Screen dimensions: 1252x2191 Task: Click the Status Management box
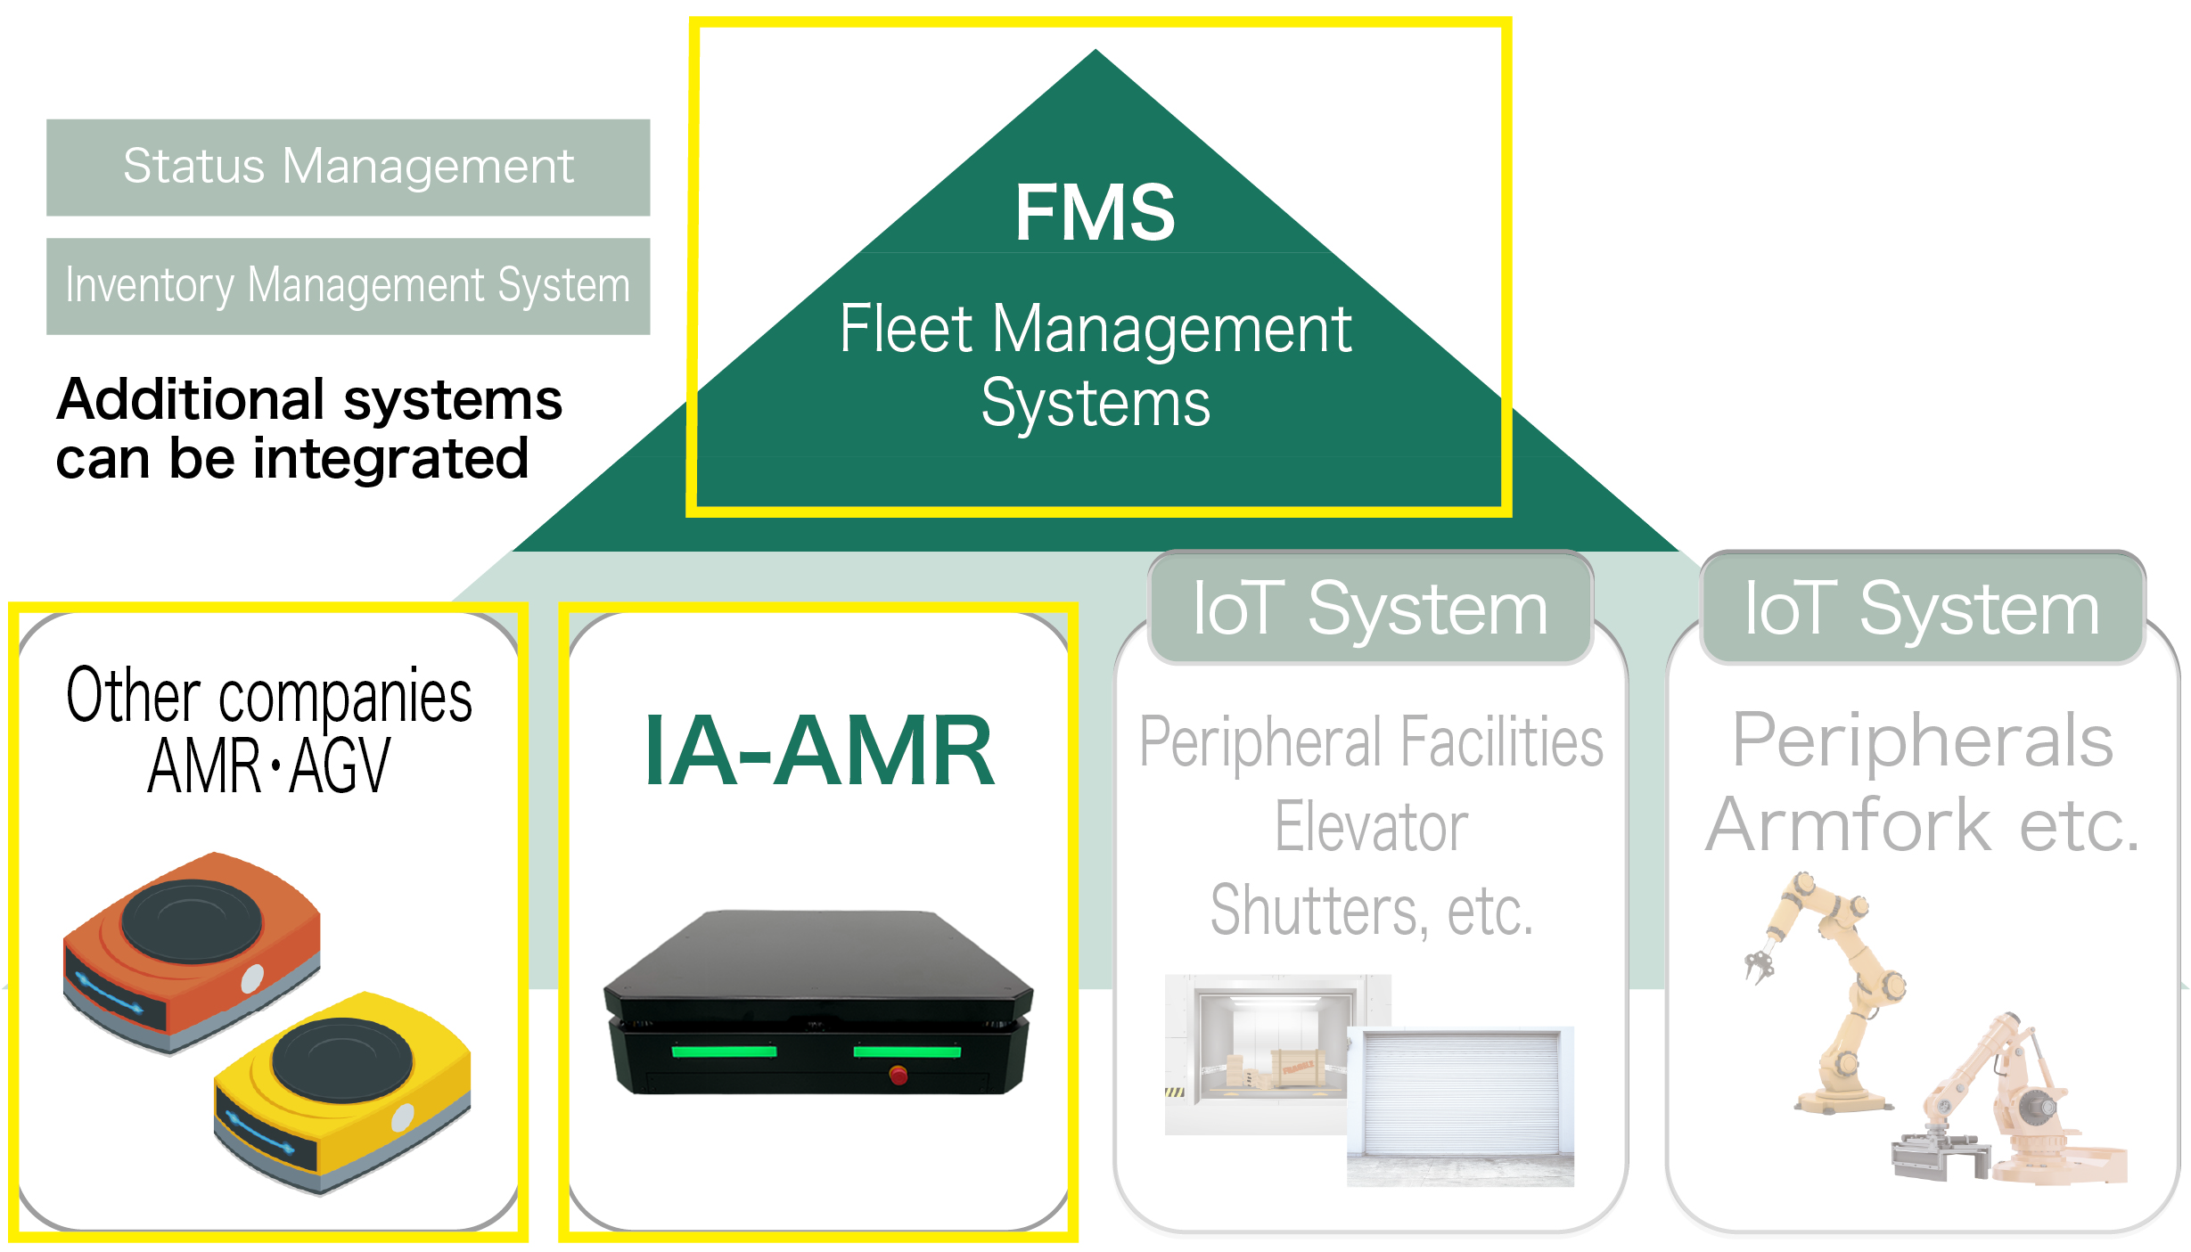[x=348, y=168]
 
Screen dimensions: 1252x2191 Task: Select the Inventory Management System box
[x=348, y=286]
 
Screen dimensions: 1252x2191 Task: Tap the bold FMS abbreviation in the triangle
[x=1095, y=212]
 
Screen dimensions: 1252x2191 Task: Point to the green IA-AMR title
[x=818, y=751]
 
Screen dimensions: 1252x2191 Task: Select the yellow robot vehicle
[x=342, y=1092]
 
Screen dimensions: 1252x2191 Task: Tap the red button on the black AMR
[x=899, y=1076]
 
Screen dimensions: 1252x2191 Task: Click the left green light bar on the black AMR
[x=724, y=1052]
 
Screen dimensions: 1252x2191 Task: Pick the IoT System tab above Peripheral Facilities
[x=1370, y=609]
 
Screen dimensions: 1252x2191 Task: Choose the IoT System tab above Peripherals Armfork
[x=1922, y=609]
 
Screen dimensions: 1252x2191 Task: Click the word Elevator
[x=1371, y=827]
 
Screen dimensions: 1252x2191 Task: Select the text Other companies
[x=269, y=696]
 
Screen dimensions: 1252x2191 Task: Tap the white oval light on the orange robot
[x=252, y=978]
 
